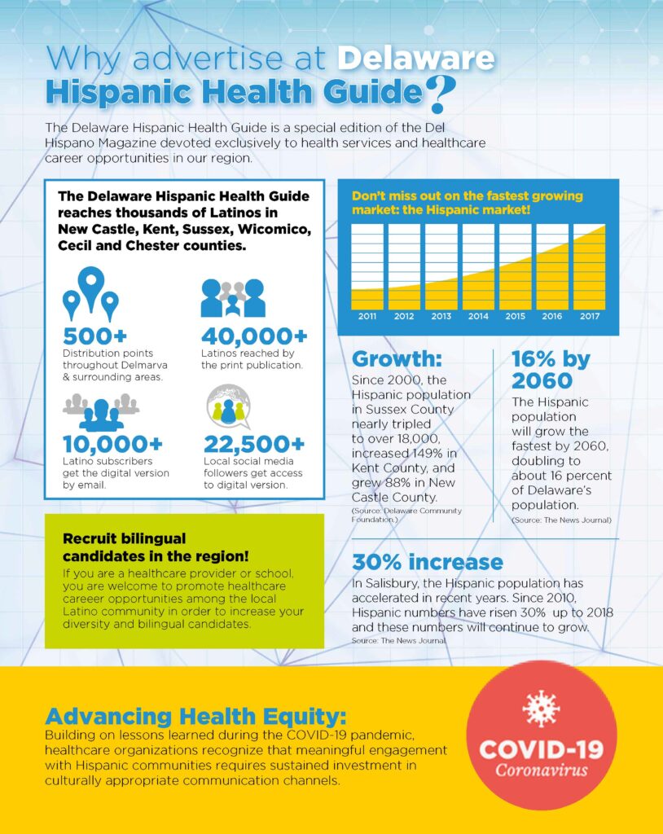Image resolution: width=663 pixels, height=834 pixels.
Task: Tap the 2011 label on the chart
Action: (367, 316)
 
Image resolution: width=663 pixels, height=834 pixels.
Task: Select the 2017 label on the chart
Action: (589, 316)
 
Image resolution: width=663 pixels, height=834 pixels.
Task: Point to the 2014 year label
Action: (478, 316)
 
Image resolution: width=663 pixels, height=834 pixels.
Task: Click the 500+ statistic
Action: (94, 336)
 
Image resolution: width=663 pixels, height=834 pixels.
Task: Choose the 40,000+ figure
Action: (254, 336)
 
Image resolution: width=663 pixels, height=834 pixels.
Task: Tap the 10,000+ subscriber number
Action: (112, 445)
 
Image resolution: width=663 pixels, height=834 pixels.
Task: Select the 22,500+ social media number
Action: (254, 445)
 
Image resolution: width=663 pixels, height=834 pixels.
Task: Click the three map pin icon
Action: (90, 294)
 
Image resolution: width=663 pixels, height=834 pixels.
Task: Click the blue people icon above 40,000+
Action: (233, 298)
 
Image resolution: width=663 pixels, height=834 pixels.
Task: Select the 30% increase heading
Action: (427, 562)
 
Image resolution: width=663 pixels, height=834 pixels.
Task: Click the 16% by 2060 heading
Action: (551, 369)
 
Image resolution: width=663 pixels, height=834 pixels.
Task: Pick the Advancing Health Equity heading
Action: (195, 717)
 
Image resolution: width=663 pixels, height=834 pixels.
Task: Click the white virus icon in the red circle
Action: (541, 709)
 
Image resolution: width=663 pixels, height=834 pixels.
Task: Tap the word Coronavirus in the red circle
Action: (541, 770)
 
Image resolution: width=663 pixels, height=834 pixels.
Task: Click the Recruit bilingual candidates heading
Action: (157, 547)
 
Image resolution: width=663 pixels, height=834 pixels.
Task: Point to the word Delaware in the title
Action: (416, 58)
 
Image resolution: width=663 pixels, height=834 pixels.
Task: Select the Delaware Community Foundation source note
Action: (406, 515)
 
